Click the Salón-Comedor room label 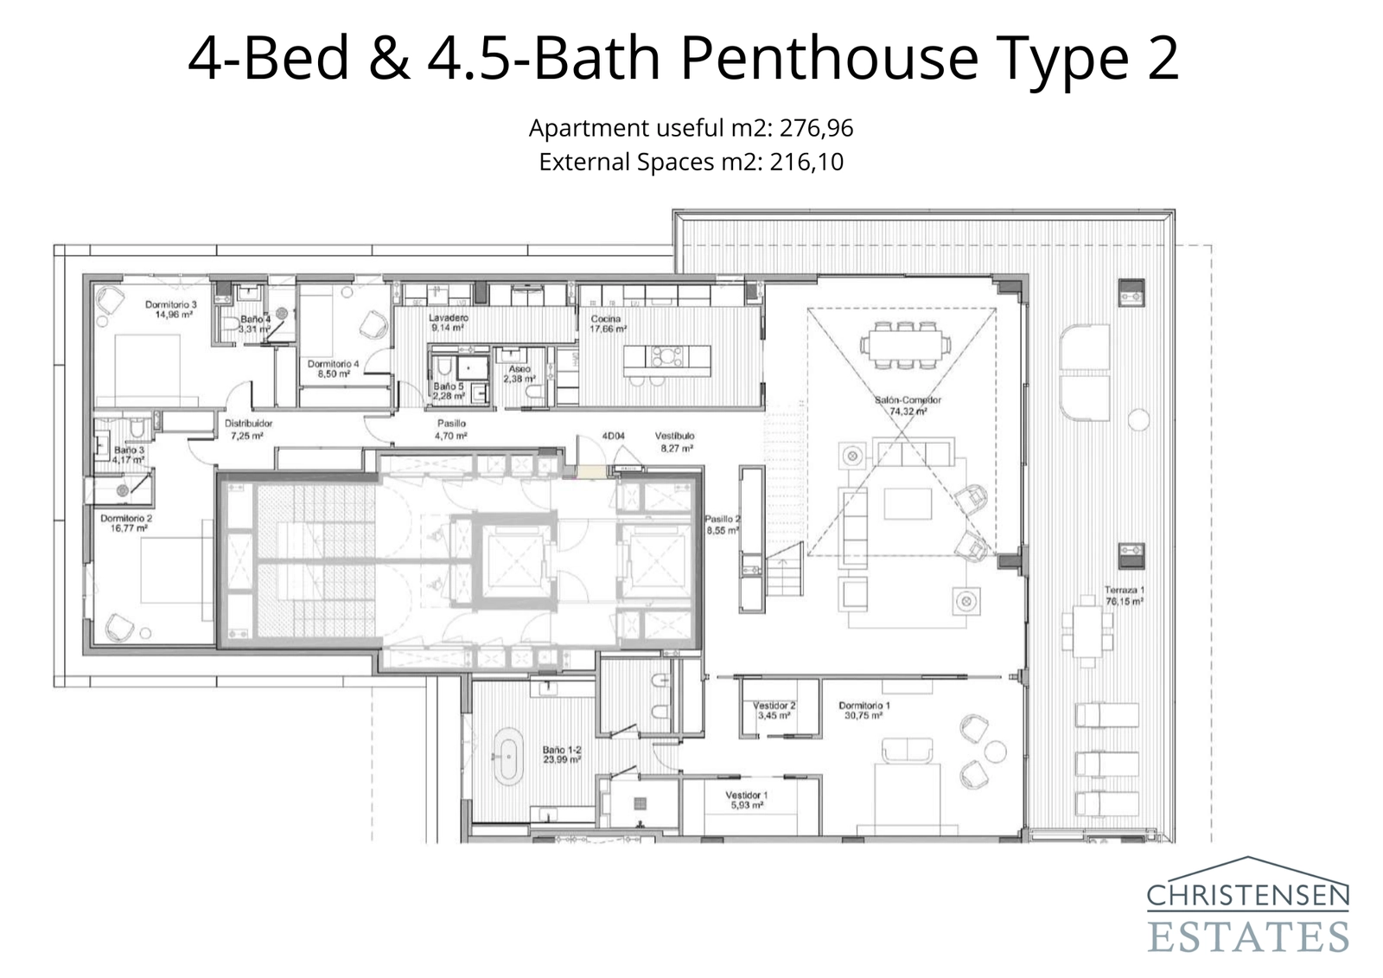click(908, 406)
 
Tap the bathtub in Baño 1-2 click(507, 757)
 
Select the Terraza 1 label click(1124, 595)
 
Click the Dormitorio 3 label click(171, 309)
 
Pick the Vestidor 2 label click(774, 710)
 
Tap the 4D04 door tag click(613, 437)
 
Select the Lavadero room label click(449, 323)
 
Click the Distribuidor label click(249, 430)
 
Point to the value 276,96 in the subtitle click(816, 129)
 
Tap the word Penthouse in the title click(829, 59)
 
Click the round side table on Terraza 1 click(1139, 419)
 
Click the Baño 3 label click(130, 455)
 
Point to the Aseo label click(519, 374)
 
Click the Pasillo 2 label click(722, 525)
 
